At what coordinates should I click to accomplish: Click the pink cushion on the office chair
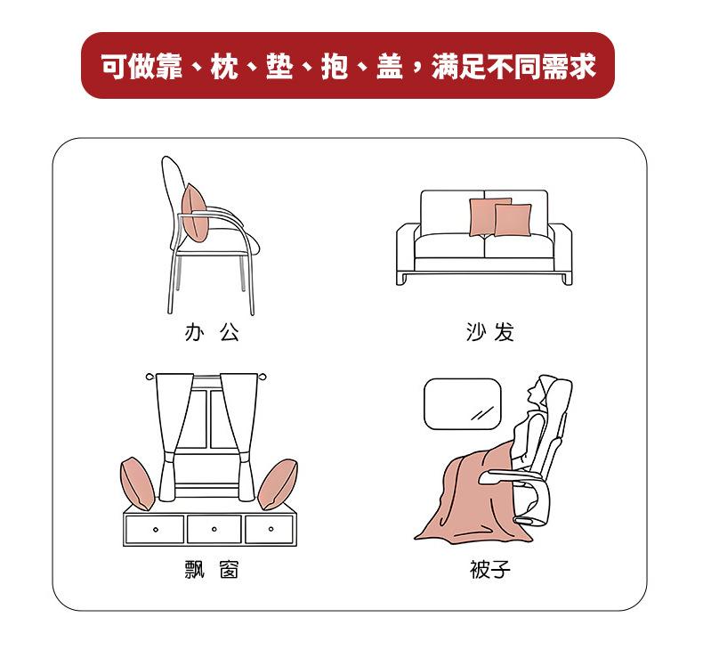point(195,213)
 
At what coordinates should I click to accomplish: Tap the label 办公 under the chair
point(212,332)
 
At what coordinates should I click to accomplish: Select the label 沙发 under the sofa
point(489,332)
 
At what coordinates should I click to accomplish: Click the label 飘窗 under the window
point(212,570)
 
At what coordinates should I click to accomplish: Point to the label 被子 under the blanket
point(490,570)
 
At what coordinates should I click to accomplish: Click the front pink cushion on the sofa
point(513,220)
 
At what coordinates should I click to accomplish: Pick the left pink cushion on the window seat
point(137,484)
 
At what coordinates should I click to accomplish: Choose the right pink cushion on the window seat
point(278,484)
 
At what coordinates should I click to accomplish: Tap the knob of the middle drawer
point(214,529)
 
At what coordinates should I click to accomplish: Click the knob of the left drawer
point(156,530)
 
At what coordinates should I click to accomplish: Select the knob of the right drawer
point(271,529)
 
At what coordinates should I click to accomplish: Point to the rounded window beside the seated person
point(462,404)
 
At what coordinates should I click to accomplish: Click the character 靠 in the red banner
point(168,66)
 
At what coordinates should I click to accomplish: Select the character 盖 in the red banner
point(389,66)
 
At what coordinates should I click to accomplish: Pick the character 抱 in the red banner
point(334,66)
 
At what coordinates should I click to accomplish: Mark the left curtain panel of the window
point(173,436)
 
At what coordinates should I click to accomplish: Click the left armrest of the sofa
point(406,254)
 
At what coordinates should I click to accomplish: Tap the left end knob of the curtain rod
point(149,377)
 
